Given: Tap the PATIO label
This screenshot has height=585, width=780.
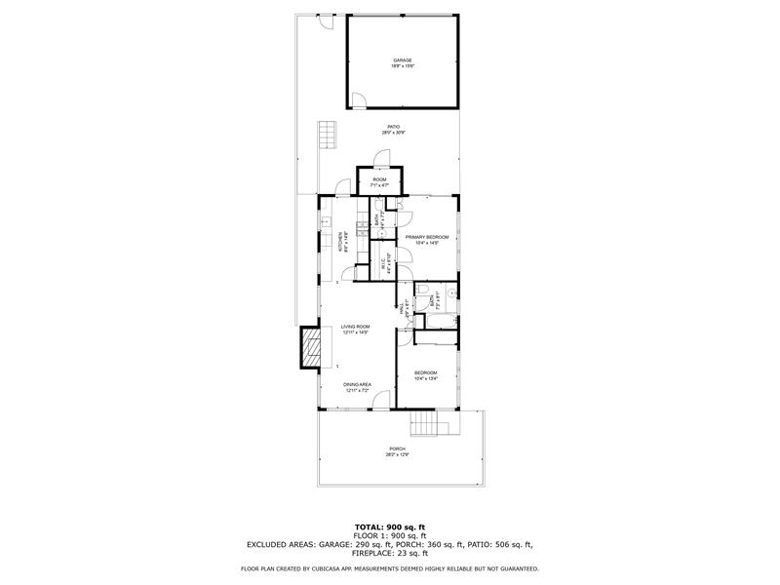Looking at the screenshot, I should [x=394, y=127].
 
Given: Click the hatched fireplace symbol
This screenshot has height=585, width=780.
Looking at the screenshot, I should [x=310, y=347].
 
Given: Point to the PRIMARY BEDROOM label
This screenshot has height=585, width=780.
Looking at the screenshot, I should [x=426, y=237].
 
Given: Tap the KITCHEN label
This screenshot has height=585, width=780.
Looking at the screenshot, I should [x=340, y=242].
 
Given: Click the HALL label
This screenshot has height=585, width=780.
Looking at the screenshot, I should [x=403, y=309].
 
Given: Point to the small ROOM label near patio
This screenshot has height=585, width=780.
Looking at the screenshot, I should [x=379, y=180].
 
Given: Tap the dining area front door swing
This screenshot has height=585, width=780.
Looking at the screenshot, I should [x=382, y=399].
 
